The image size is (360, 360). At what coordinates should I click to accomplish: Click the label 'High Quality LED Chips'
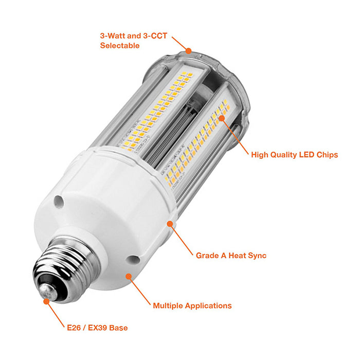[x=294, y=154]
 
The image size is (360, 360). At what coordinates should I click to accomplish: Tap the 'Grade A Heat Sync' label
[x=231, y=255]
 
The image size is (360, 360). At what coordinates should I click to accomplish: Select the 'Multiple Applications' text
[x=192, y=305]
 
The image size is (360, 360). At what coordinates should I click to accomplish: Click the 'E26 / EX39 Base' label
[x=97, y=328]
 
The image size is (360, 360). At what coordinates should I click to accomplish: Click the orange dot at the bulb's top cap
[x=189, y=50]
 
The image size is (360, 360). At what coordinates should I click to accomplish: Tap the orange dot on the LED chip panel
[x=222, y=117]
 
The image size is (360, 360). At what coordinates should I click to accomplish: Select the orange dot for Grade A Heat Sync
[x=170, y=224]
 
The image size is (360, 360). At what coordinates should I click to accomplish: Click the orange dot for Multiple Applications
[x=129, y=276]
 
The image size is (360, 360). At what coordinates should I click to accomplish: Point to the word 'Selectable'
[x=119, y=46]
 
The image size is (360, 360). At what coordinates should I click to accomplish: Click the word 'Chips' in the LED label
[x=327, y=154]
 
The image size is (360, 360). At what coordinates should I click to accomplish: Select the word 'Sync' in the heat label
[x=257, y=255]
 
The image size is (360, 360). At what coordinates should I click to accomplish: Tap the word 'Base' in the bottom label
[x=118, y=328]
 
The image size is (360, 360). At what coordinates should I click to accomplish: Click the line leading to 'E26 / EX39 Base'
[x=55, y=313]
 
